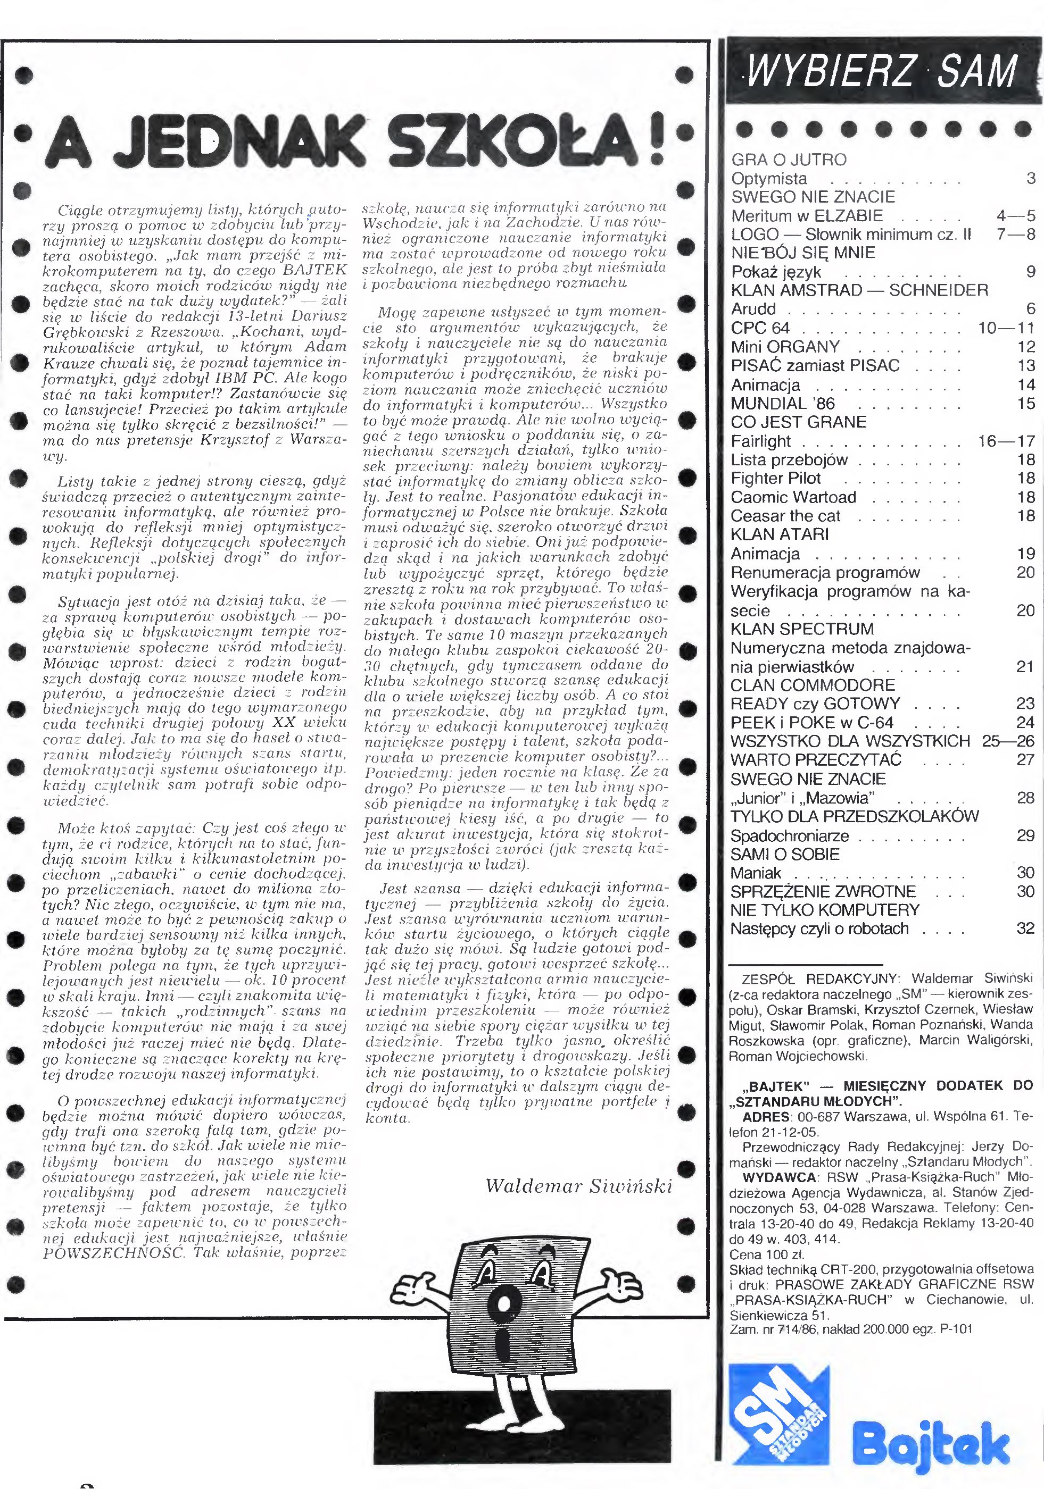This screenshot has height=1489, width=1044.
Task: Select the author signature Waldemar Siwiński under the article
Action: click(x=578, y=1185)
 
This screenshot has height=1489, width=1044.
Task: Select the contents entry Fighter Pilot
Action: click(x=775, y=479)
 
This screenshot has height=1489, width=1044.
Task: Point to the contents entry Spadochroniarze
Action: click(x=789, y=836)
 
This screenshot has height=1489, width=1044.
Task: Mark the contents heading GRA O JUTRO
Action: click(x=789, y=160)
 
